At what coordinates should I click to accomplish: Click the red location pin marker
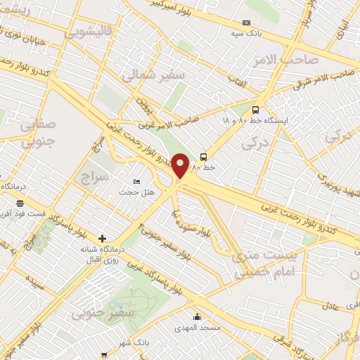181,166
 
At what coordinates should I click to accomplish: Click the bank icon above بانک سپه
245,22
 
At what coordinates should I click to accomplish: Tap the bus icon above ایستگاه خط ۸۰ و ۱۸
255,110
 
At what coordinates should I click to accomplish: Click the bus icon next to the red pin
204,157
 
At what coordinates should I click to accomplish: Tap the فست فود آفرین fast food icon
20,203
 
